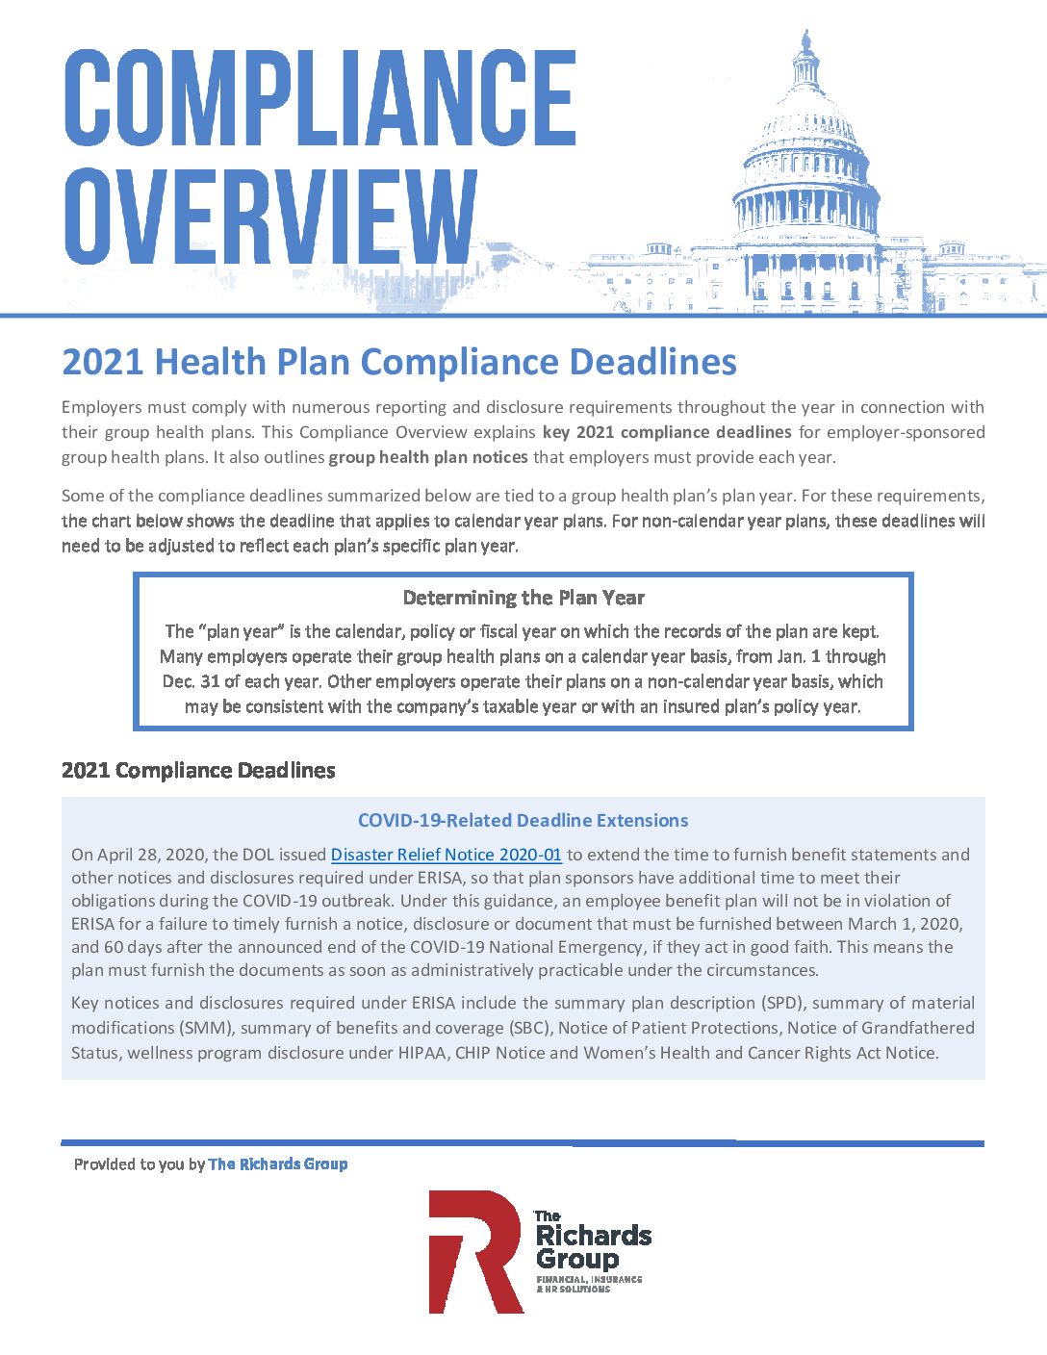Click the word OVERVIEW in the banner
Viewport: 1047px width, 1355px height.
point(270,217)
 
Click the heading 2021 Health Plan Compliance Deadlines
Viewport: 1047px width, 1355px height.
point(399,362)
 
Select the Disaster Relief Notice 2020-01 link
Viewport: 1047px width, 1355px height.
point(446,855)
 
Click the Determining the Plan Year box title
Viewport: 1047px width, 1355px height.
point(523,598)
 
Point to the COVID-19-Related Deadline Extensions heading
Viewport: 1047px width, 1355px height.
point(523,821)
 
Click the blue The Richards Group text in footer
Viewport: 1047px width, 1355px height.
point(278,1164)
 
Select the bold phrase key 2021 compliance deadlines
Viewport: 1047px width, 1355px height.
point(667,432)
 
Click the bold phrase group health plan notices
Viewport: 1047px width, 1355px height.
point(428,457)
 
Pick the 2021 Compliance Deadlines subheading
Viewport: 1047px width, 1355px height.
point(198,771)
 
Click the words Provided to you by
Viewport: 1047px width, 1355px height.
point(140,1164)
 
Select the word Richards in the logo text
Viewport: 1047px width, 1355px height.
point(594,1236)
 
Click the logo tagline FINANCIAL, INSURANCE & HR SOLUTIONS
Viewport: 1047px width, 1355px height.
point(589,1284)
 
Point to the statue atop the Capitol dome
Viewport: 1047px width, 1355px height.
point(806,40)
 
